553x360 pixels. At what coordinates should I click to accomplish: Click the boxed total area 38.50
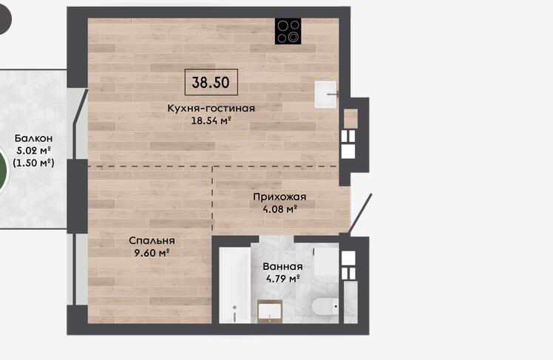click(211, 82)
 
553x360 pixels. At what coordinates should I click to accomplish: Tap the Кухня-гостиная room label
click(211, 108)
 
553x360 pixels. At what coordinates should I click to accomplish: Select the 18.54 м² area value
click(211, 121)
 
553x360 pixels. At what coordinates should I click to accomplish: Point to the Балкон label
click(33, 138)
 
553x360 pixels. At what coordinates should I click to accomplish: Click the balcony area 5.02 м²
click(33, 151)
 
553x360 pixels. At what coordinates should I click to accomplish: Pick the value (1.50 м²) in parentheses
click(33, 163)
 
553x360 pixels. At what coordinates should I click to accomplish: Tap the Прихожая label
click(279, 197)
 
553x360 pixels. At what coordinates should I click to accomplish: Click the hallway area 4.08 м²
click(279, 209)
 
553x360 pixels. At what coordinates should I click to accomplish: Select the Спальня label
click(152, 240)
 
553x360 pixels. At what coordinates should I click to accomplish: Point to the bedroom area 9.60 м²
click(152, 253)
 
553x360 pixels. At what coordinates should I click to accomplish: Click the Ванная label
click(282, 267)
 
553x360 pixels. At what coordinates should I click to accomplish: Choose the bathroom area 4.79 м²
click(282, 279)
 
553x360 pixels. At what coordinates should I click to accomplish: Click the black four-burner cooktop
click(288, 31)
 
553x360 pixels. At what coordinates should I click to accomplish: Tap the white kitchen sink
click(325, 94)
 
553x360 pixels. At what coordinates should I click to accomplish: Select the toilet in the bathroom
click(325, 307)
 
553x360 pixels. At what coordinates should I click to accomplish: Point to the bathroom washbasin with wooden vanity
click(270, 311)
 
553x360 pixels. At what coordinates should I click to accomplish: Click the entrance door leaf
click(359, 214)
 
